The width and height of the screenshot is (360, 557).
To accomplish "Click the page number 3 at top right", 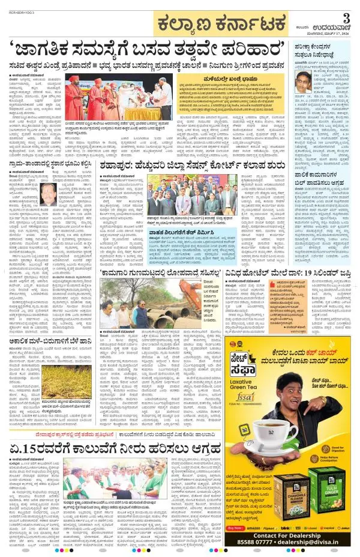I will pos(346,19).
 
